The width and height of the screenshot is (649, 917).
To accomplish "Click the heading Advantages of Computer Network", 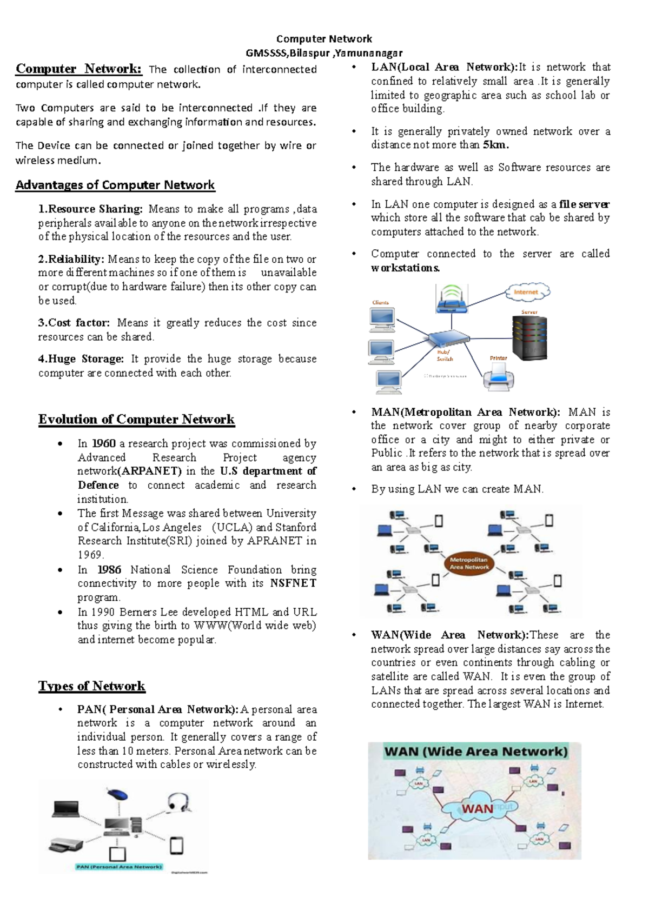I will coord(115,185).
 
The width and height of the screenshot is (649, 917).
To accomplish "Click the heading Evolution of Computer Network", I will coord(136,420).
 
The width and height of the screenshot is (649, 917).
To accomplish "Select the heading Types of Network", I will coord(92,686).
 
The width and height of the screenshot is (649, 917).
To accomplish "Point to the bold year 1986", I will coord(109,569).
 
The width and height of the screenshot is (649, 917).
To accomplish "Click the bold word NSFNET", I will coord(293,583).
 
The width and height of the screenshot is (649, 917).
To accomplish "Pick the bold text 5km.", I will coord(495,145).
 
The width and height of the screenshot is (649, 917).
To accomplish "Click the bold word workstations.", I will coord(405,268).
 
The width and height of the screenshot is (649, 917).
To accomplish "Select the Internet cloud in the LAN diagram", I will coord(527,292).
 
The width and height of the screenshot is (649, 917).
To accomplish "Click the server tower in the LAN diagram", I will coord(529,338).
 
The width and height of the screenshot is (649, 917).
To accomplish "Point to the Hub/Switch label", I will coord(445,355).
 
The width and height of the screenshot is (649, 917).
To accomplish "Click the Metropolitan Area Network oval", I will coord(469,563).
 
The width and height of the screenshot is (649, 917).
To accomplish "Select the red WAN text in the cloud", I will coord(477,809).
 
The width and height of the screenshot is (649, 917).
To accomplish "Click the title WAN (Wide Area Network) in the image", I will coord(476,752).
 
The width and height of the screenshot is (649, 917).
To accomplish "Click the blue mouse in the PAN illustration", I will coord(117,795).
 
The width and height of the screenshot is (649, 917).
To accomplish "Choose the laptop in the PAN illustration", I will coord(66,809).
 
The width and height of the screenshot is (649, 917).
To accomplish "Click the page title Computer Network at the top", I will coord(324,39).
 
